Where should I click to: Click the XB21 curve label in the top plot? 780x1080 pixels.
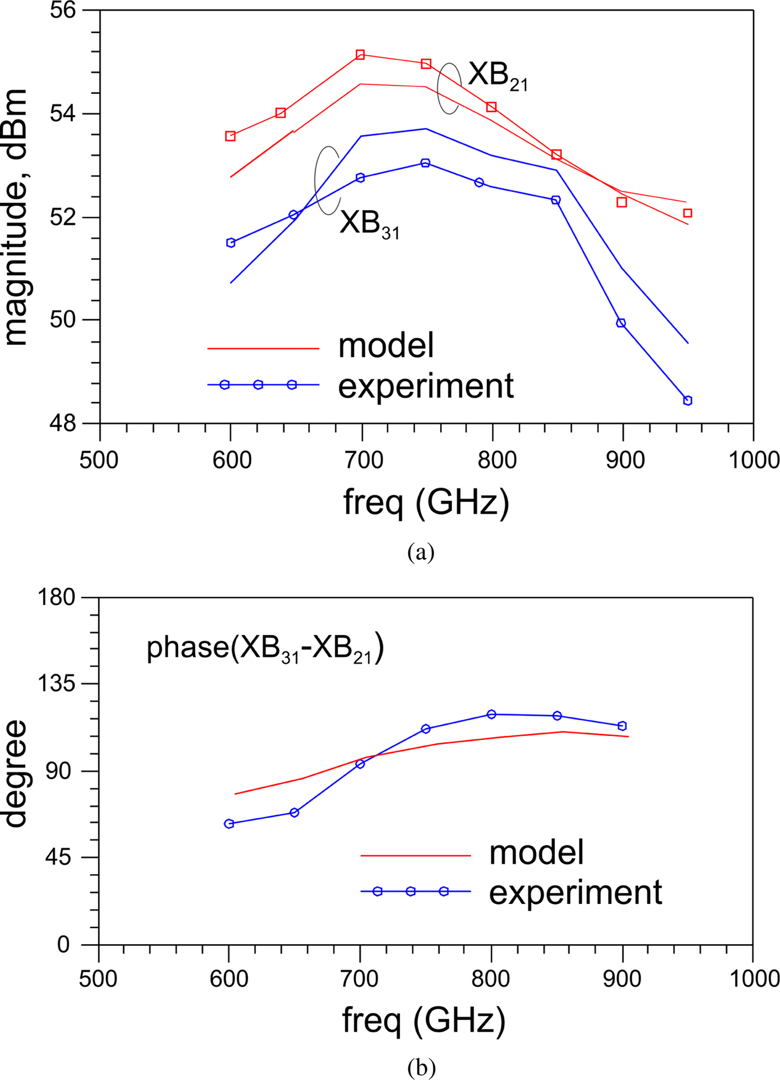click(497, 75)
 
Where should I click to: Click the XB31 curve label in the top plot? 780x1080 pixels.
click(369, 224)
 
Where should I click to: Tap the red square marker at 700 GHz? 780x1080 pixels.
click(360, 55)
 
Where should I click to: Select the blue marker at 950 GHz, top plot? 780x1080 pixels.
click(688, 400)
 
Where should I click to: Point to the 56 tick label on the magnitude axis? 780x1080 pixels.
click(63, 11)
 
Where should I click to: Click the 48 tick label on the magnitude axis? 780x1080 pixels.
click(63, 424)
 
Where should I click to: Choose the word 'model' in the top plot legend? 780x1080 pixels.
click(386, 346)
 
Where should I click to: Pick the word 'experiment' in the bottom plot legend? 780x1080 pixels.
click(576, 892)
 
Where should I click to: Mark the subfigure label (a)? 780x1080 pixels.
click(421, 552)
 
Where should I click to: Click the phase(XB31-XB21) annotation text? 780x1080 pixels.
click(265, 648)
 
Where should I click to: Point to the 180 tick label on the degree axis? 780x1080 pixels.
click(56, 598)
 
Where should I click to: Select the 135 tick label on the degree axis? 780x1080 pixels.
click(56, 683)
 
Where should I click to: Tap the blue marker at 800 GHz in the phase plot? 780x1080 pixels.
click(491, 715)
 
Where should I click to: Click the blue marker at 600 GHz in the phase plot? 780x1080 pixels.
click(229, 824)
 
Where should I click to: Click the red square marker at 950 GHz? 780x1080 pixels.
click(688, 213)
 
